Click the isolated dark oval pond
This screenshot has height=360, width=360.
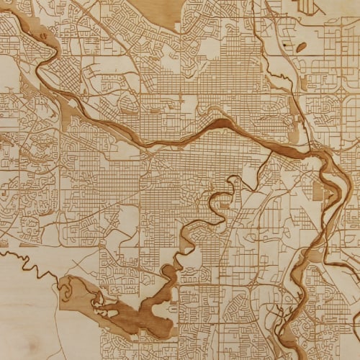point(301,47)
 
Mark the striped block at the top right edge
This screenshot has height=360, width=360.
point(307,6)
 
